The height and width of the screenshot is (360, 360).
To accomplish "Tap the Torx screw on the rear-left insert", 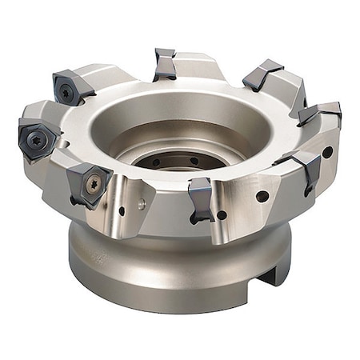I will pos(66,93).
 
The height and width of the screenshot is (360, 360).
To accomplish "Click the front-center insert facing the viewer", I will pos(200,200).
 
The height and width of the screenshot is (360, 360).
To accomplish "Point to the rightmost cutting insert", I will pos(322,114).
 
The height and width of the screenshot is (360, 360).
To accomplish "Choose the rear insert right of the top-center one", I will pos(262,74).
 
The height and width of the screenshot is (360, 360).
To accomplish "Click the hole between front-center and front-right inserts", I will pos(262,196).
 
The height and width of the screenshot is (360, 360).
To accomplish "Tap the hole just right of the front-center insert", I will pos(222,214).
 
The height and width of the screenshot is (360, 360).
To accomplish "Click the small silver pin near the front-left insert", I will pos(142,205).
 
